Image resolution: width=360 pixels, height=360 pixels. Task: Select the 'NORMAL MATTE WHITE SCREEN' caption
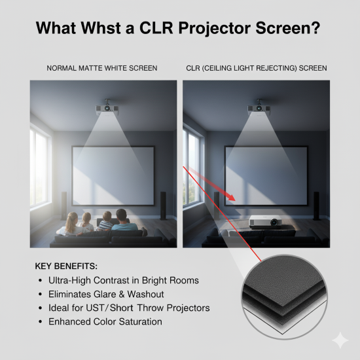point(103,68)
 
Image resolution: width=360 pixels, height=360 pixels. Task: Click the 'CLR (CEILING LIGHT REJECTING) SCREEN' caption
point(255,68)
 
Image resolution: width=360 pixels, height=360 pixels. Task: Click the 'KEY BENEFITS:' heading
point(67,266)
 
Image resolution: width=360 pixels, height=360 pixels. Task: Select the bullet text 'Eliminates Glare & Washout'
point(106,294)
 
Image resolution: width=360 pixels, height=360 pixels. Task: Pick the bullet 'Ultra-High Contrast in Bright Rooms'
point(123,280)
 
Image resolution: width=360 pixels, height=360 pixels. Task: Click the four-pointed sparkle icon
point(340,340)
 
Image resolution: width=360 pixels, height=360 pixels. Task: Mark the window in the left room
point(39,170)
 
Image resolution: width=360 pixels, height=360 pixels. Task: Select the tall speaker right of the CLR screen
point(315,204)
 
